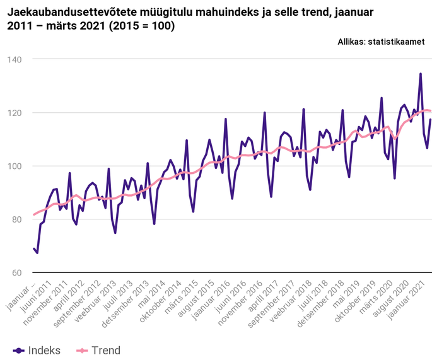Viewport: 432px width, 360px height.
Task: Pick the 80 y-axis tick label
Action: (x=16, y=220)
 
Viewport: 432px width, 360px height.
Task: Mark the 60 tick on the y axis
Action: (x=16, y=273)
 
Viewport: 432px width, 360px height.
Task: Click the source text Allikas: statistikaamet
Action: (x=381, y=42)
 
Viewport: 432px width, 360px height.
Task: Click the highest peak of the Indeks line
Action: (x=421, y=74)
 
